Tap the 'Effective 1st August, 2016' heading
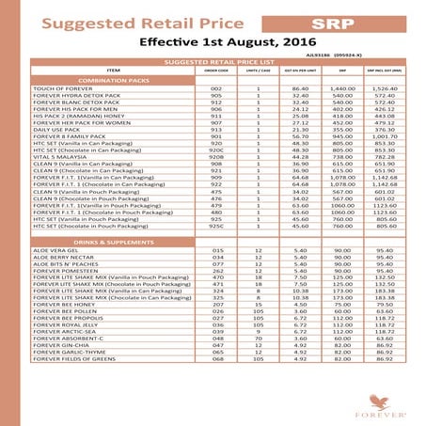[212, 42]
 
